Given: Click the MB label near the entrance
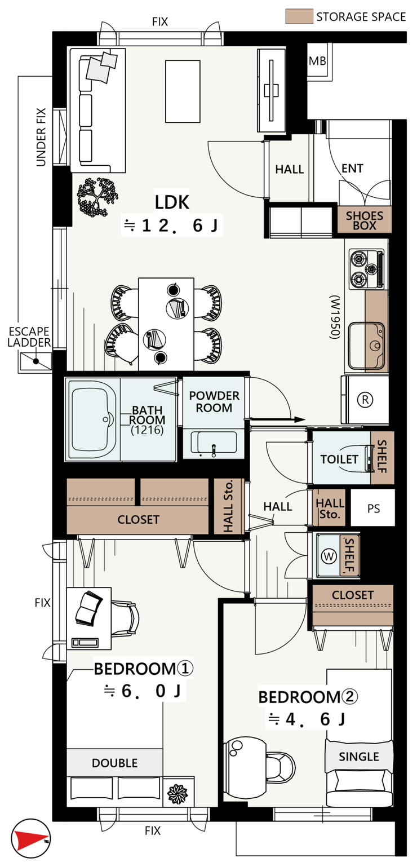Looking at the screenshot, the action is pyautogui.click(x=317, y=61).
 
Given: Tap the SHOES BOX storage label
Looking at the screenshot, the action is pyautogui.click(x=364, y=220).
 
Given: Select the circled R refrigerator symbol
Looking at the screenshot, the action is pyautogui.click(x=365, y=400).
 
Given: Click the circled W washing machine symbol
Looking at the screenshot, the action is pyautogui.click(x=329, y=556).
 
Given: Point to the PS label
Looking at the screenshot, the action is pyautogui.click(x=374, y=509).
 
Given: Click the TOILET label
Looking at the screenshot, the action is pyautogui.click(x=339, y=459).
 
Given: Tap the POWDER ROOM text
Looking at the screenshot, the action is pyautogui.click(x=214, y=402).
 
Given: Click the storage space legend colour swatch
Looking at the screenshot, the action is pyautogui.click(x=299, y=16).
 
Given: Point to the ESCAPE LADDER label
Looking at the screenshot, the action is pyautogui.click(x=29, y=337).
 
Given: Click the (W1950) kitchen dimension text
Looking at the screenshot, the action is pyautogui.click(x=335, y=317).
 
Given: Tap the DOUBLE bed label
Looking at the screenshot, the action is pyautogui.click(x=114, y=763).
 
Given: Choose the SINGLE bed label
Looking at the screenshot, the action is pyautogui.click(x=359, y=757).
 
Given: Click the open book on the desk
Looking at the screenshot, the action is pyautogui.click(x=89, y=608).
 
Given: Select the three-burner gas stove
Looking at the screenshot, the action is pyautogui.click(x=367, y=268).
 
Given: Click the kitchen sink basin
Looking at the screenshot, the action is pyautogui.click(x=366, y=346).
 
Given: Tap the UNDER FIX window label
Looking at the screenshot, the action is pyautogui.click(x=41, y=137).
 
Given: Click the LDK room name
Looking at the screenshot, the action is pyautogui.click(x=172, y=202).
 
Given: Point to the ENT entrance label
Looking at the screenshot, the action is pyautogui.click(x=352, y=168).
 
